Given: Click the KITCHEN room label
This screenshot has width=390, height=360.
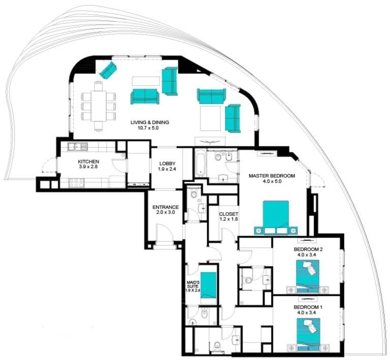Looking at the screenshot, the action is [88, 161].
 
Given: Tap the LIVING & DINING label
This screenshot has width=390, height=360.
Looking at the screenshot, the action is [150, 122].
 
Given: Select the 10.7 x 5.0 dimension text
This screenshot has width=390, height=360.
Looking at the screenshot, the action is [148, 128].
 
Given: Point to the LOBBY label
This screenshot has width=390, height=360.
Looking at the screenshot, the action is [168, 163].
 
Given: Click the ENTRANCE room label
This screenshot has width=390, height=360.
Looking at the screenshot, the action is [166, 207].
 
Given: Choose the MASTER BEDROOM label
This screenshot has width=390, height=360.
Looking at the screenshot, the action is [272, 176].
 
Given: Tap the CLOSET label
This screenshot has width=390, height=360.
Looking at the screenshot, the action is [229, 214].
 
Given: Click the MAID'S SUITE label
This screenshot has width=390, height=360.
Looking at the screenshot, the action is [193, 284].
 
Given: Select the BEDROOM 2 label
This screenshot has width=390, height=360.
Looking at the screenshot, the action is [308, 249].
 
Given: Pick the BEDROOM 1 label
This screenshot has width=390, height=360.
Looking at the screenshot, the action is [308, 307].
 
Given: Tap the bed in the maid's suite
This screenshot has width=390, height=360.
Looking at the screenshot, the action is [208, 285].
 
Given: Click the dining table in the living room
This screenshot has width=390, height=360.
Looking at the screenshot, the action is [99, 107].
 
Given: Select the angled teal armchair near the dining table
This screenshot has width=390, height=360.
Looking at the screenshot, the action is [108, 70].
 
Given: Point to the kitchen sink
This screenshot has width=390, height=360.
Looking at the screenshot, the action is [78, 147].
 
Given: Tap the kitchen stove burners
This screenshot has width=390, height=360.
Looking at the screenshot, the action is [77, 183].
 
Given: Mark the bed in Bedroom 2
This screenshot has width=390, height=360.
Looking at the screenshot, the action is [308, 276].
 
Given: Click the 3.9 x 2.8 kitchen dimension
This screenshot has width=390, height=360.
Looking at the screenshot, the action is [88, 167].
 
